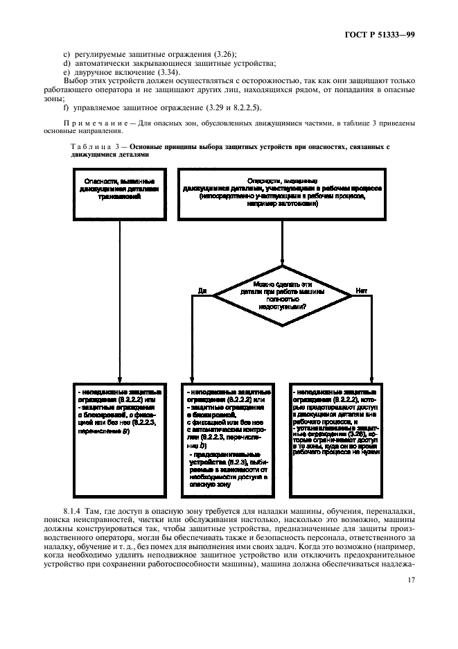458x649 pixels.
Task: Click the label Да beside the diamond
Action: [202, 288]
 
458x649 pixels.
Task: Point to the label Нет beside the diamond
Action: [361, 288]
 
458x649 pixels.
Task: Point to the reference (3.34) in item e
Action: [160, 71]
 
